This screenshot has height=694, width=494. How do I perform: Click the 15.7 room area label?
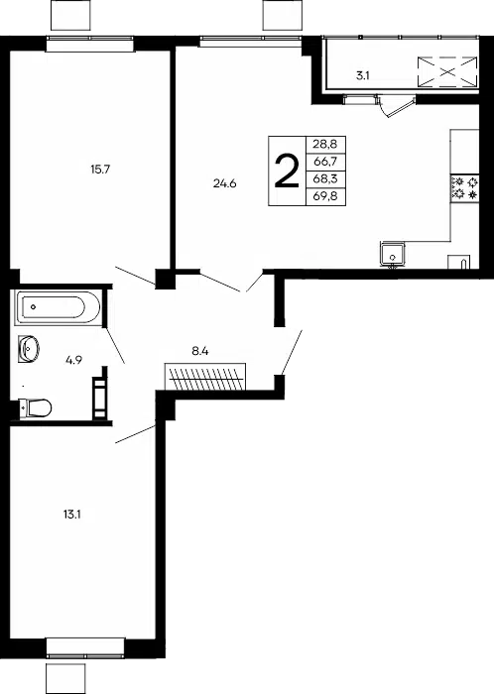coord(100,170)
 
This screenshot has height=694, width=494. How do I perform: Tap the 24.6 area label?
coord(225,183)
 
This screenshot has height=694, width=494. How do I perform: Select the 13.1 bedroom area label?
coord(71,515)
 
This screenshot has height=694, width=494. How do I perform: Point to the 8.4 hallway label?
coord(200,352)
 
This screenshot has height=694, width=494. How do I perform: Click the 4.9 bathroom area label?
coord(74,360)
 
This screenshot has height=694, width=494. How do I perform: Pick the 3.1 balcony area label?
coord(362,75)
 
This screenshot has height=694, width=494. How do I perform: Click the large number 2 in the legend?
coord(287,172)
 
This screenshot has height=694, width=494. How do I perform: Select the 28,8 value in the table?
coord(325,145)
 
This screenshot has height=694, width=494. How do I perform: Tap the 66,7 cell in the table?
coord(325,162)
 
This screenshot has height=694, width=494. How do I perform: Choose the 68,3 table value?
coord(325,178)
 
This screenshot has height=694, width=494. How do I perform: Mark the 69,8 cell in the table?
coord(325,196)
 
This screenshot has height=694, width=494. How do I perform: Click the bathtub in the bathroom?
coord(58,306)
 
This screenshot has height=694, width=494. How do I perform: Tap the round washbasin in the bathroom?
coord(29,349)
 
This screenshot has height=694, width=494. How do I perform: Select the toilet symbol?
coord(36,407)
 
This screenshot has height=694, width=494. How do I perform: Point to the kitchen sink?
coord(392,254)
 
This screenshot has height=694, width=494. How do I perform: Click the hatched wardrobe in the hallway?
coord(205,377)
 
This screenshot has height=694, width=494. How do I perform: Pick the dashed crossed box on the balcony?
coord(447,71)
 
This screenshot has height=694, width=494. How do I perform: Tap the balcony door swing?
coord(396,106)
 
